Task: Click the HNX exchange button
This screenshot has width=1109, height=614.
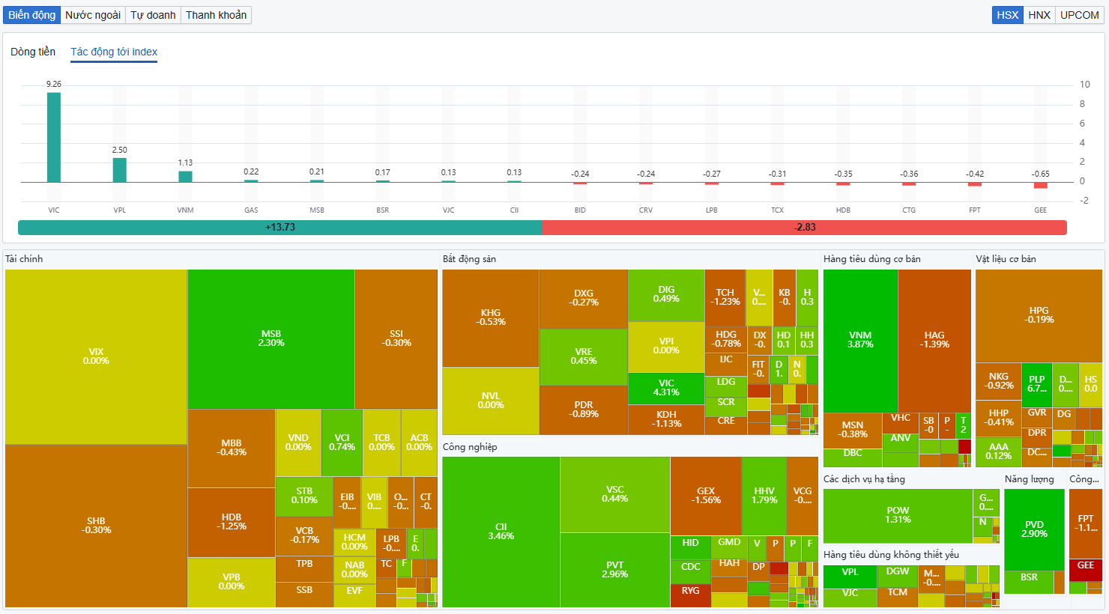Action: pos(1039,15)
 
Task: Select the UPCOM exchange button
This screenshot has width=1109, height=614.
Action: pos(1079,15)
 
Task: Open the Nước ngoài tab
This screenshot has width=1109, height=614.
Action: pos(93,15)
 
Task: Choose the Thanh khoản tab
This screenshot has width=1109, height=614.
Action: pos(216,15)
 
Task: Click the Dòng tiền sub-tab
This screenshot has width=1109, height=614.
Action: pos(33,52)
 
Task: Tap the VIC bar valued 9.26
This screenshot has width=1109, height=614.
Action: pos(54,137)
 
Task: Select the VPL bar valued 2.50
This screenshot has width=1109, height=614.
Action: pos(120,170)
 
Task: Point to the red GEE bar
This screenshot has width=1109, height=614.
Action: pos(1040,185)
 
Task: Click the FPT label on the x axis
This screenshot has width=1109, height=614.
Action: pos(974,210)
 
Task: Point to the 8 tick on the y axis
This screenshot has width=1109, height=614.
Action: pos(1082,104)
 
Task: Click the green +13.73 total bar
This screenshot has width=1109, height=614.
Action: pos(279,228)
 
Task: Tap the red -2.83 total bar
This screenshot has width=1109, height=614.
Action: pos(804,228)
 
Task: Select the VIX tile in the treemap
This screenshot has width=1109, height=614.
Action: pos(96,356)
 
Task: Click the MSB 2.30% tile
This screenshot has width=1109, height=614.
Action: pos(271,338)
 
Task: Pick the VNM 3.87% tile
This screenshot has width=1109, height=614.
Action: pos(860,340)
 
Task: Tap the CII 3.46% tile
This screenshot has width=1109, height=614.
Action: pos(501,532)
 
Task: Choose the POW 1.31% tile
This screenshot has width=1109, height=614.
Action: pos(898,515)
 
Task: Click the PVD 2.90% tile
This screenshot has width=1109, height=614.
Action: pos(1034,529)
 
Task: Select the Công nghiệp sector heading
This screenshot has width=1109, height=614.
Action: pos(470,447)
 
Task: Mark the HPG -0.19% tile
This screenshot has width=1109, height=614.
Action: pos(1039,315)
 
